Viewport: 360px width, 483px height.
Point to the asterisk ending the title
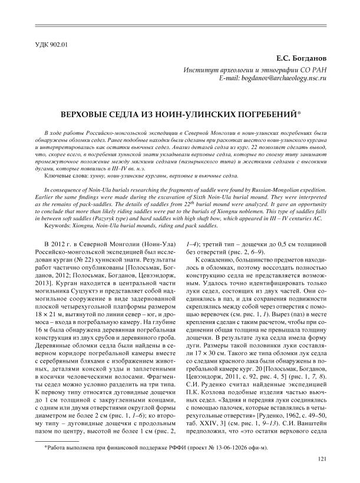point(268,111)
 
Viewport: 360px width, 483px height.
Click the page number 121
point(322,459)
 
